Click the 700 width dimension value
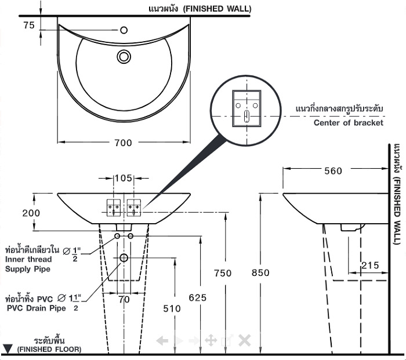[x=123, y=143]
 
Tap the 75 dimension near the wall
[x=29, y=25]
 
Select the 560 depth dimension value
[x=333, y=171]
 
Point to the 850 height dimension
[x=260, y=272]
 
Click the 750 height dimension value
[x=223, y=273]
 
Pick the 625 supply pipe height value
[x=198, y=297]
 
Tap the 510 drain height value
[x=172, y=308]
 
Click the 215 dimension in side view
[x=370, y=266]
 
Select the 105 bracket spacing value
[x=123, y=178]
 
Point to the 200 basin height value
[x=31, y=213]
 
